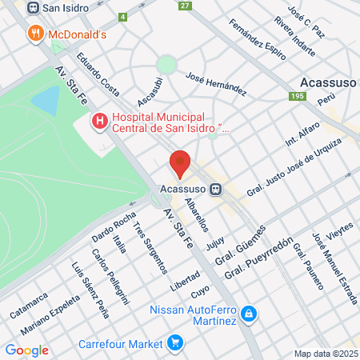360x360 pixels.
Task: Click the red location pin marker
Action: [180, 163]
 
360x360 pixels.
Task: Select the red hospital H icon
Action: [99, 122]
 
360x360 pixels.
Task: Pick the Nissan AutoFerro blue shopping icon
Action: [249, 313]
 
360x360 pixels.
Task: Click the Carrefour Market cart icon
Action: [175, 345]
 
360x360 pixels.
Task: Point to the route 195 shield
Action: [298, 96]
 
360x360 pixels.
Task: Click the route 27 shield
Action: [186, 6]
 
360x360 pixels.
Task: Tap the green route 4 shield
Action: [122, 16]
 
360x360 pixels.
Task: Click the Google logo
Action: [26, 350]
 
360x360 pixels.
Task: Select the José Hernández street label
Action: [215, 83]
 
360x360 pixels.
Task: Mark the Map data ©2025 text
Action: [325, 354]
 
